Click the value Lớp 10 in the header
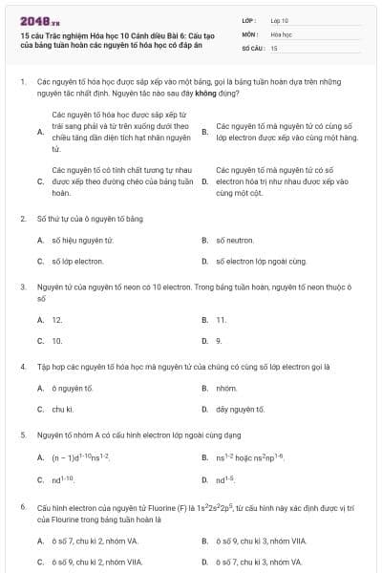click(x=280, y=19)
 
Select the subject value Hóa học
click(x=281, y=33)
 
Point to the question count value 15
click(x=274, y=47)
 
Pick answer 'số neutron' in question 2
click(x=235, y=240)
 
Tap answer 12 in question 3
click(x=57, y=320)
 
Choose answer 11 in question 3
click(x=221, y=320)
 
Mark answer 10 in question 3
click(x=57, y=340)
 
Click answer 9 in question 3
click(x=219, y=340)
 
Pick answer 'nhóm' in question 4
click(x=226, y=389)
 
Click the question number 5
click(x=23, y=435)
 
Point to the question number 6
click(x=23, y=507)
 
